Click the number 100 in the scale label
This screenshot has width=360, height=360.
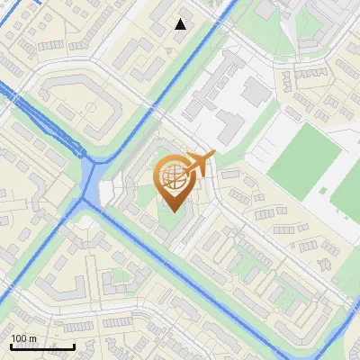point(20,338)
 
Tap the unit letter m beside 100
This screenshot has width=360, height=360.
point(32,338)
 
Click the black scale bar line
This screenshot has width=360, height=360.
point(42,346)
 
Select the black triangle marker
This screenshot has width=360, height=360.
point(181,24)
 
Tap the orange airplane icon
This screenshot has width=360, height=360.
point(199,164)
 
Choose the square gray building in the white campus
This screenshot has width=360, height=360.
point(256,89)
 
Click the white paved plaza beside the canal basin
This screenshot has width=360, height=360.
point(110,192)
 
